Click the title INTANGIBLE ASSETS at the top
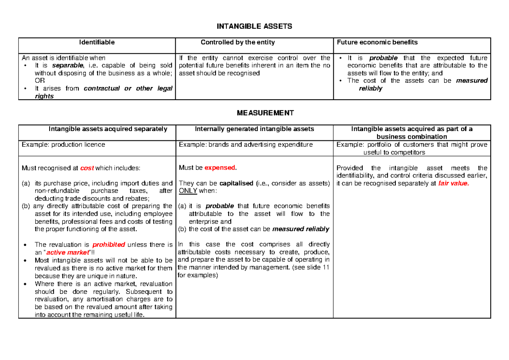click(254, 26)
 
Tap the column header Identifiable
click(96, 42)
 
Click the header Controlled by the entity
click(238, 42)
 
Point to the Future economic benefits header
click(377, 42)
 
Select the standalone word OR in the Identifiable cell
click(39, 81)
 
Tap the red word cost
click(87, 168)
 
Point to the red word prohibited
click(109, 245)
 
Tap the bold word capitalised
click(236, 183)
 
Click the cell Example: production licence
click(64, 145)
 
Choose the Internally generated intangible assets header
click(254, 129)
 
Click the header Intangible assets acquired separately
click(108, 129)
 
